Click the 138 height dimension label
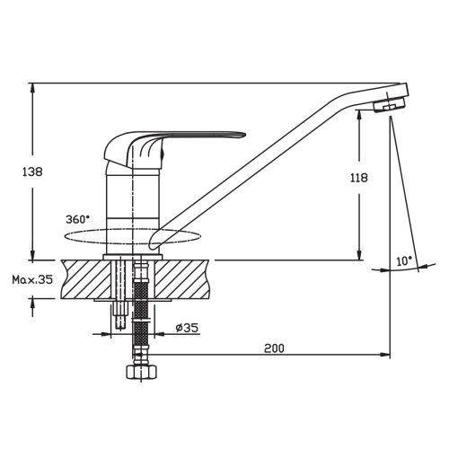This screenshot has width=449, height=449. pos(32,172)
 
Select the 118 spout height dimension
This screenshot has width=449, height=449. pos(359,178)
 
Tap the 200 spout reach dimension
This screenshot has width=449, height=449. pos(274,348)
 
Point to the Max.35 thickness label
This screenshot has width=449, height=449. pos(32,279)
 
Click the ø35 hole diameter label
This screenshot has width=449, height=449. pos(187,328)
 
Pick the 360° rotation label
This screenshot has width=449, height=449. pos(77,219)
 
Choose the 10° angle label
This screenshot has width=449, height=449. pos(404,261)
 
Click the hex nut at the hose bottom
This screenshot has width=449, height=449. pos(141,373)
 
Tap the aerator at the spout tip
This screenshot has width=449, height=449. pos(389,105)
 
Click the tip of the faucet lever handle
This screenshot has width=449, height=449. pos(244,135)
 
